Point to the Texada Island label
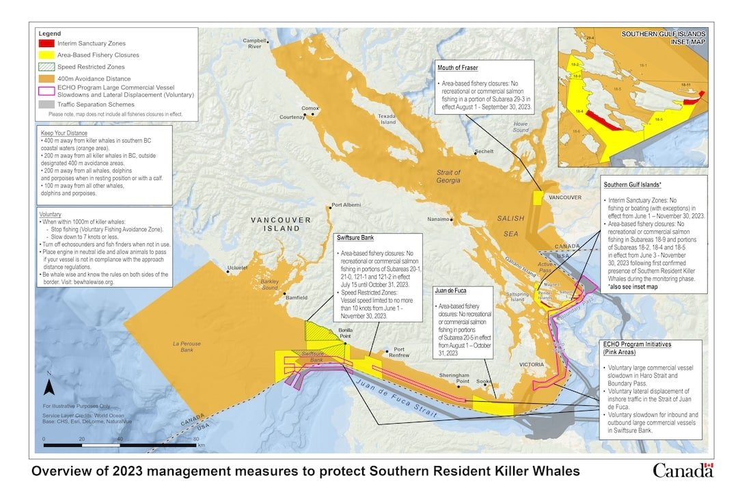click(387, 119)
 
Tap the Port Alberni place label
click(345, 205)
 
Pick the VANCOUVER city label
click(564, 197)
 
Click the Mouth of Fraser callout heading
click(459, 68)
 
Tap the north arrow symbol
click(49, 386)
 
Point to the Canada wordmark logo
click(683, 470)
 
